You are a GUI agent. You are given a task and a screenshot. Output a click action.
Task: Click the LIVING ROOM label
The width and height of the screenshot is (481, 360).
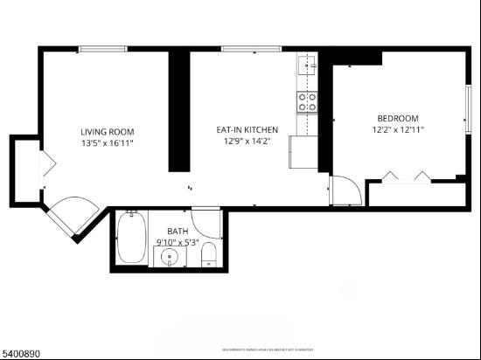coord(107,131)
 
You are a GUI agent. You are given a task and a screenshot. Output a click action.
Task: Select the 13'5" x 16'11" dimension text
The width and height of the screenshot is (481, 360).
coord(107,142)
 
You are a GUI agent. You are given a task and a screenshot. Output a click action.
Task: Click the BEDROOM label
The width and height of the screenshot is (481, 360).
coord(397,119)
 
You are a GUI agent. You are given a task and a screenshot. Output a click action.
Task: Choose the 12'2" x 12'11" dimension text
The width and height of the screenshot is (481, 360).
coord(398,130)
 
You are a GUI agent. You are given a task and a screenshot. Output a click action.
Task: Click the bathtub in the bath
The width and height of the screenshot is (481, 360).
coord(132,239)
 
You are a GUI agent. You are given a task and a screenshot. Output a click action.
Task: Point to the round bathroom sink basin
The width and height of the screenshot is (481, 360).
coord(169,257)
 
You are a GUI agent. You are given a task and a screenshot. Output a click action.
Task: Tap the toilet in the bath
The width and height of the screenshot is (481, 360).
coord(209,254)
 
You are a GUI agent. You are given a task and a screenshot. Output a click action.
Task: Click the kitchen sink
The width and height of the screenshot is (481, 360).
coord(307,64)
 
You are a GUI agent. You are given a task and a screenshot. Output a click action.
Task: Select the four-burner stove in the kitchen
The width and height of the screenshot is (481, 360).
coord(307,101)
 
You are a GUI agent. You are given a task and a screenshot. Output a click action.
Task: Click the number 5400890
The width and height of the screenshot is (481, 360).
coord(24,352)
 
